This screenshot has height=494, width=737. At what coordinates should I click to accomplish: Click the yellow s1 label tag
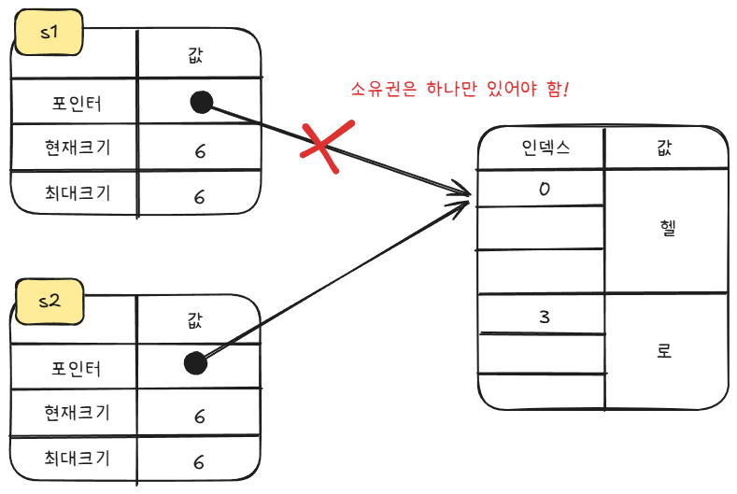coord(49,35)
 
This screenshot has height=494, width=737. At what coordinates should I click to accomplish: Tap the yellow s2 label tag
coord(49,301)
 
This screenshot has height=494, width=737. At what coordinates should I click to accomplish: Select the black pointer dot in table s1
coord(201,102)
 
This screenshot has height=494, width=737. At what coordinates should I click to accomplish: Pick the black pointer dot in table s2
coord(194,363)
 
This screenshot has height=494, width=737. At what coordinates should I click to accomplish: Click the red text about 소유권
coord(460,91)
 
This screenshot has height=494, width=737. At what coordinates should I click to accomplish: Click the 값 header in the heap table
coord(665,147)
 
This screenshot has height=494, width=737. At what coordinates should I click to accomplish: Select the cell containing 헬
coord(665,230)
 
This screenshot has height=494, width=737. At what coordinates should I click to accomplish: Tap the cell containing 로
coord(665,352)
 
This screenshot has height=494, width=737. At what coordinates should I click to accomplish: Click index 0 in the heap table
coord(545,189)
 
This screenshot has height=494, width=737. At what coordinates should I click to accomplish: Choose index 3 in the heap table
coord(545,317)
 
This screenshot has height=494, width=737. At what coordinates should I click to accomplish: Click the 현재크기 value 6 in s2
coord(198,416)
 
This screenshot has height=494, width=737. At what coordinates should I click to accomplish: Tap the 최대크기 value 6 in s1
coord(199,197)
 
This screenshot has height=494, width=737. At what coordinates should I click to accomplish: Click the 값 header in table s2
coord(194,320)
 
